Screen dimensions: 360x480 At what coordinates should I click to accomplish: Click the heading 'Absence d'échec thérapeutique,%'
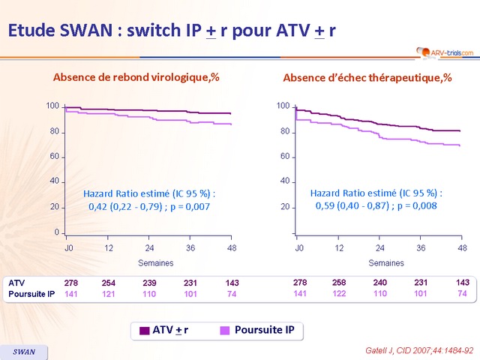coord(367,78)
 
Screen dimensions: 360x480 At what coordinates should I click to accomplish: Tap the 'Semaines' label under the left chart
coord(156,262)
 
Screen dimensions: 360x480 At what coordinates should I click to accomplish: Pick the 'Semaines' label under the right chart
coord(386,262)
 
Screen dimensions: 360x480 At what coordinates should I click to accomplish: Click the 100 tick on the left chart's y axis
coord(52,106)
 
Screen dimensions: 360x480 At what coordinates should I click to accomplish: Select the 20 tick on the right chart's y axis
coord(284,206)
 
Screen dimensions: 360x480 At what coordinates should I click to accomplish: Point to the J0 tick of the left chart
coord(68,247)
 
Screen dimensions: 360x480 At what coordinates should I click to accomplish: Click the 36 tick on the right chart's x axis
coord(421,247)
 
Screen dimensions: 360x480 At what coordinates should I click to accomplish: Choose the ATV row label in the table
coord(16,283)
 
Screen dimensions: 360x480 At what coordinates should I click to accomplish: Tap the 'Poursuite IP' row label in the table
coord(30,294)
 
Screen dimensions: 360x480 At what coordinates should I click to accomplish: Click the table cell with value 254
coord(109,283)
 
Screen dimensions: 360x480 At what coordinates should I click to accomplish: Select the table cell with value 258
coord(340,283)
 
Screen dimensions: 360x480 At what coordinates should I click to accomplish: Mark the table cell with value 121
coord(109,294)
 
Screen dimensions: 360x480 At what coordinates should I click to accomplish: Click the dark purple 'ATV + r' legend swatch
coord(145,329)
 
